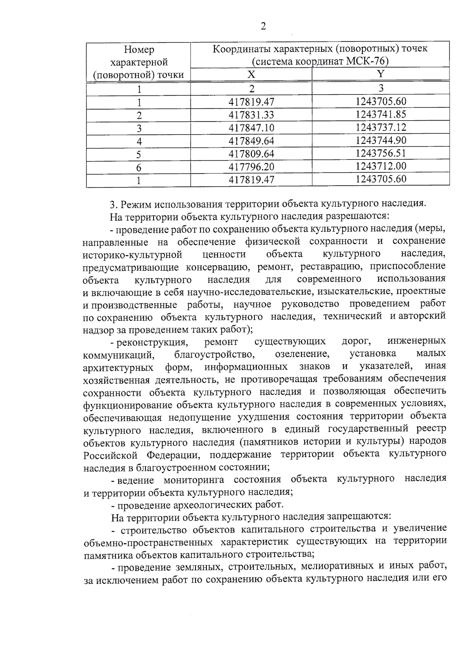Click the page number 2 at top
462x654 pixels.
pyautogui.click(x=263, y=26)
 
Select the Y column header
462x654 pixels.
pyautogui.click(x=380, y=74)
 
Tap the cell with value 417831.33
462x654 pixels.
pyautogui.click(x=251, y=115)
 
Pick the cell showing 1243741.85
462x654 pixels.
pyautogui.click(x=381, y=114)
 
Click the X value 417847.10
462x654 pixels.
pyautogui.click(x=251, y=128)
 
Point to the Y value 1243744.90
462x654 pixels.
pyautogui.click(x=381, y=140)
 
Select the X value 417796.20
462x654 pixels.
pyautogui.click(x=251, y=166)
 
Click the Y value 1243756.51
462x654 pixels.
pyautogui.click(x=381, y=153)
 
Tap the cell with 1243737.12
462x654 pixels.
pyautogui.click(x=381, y=127)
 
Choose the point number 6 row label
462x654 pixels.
pyautogui.click(x=139, y=167)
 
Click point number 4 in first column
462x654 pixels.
pyautogui.click(x=139, y=141)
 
